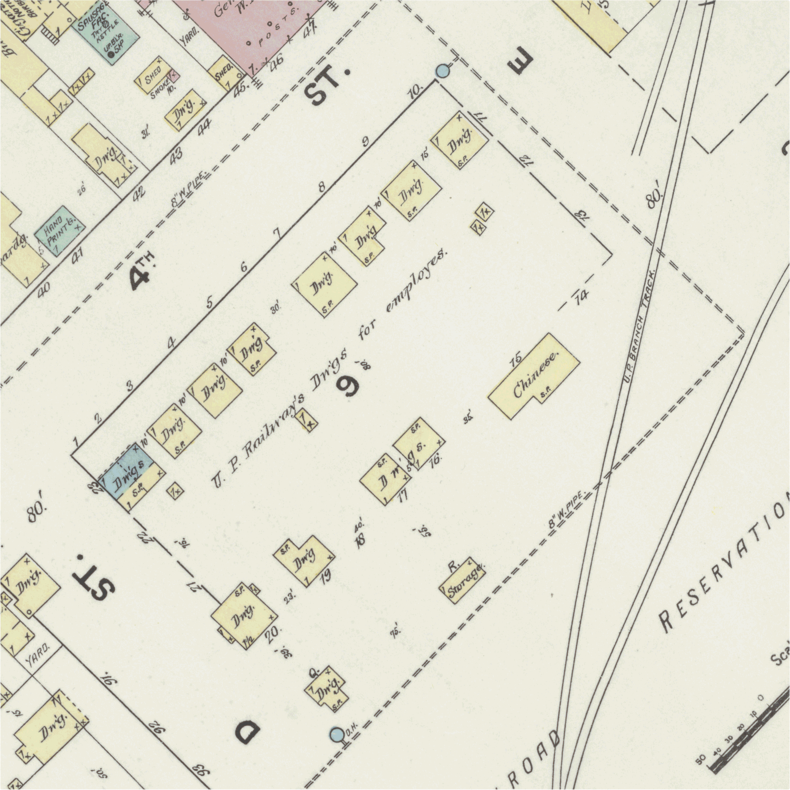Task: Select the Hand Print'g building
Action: [60, 231]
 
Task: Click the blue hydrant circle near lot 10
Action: [442, 71]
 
